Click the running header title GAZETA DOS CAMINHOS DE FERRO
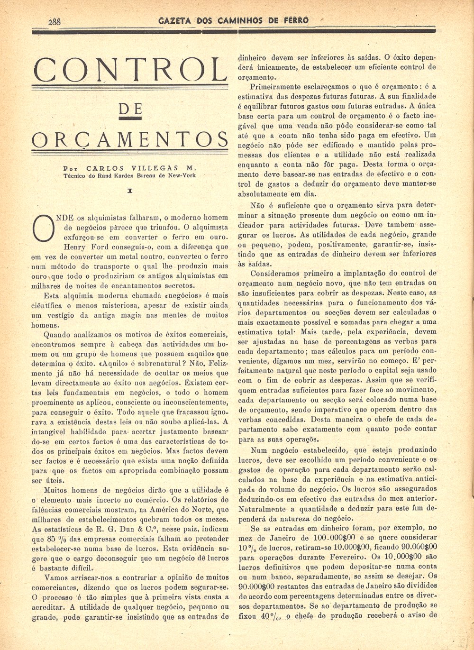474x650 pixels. click(233, 20)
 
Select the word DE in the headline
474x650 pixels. click(130, 110)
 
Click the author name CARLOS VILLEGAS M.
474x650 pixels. click(141, 168)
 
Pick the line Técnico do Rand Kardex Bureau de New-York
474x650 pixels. click(129, 175)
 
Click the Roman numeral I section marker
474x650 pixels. click(129, 191)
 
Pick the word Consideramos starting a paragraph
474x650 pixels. click(274, 273)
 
